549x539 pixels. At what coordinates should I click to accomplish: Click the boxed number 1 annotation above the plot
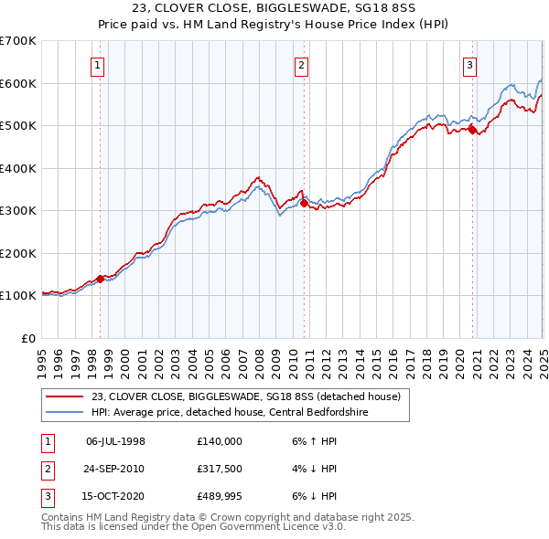tap(97, 64)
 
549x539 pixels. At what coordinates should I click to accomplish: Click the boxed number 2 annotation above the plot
tap(301, 64)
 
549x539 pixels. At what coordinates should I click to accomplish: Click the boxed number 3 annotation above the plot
tap(469, 64)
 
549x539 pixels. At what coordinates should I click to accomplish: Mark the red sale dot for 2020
tap(472, 130)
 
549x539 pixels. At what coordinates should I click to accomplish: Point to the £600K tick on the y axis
tap(18, 83)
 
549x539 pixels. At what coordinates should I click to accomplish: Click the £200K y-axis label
tap(18, 253)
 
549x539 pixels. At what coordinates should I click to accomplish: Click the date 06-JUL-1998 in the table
tap(115, 441)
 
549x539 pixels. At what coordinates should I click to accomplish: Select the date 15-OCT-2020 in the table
tap(115, 496)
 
